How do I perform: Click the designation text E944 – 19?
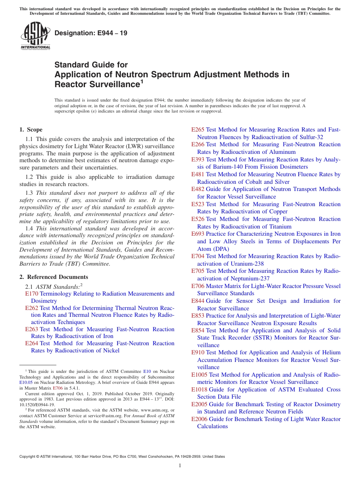pyautogui.click(x=91, y=33)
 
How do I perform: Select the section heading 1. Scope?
pyautogui.click(x=31, y=130)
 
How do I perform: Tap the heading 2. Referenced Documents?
pyautogui.click(x=54, y=277)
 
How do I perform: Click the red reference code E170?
pyautogui.click(x=31, y=294)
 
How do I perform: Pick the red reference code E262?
pyautogui.click(x=31, y=308)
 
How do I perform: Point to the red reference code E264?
pyautogui.click(x=31, y=343)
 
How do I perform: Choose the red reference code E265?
pyautogui.click(x=198, y=130)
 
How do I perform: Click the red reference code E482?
pyautogui.click(x=198, y=189)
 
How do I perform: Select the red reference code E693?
pyautogui.click(x=198, y=234)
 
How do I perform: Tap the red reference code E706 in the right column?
pyautogui.click(x=198, y=286)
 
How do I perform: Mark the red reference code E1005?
pyautogui.click(x=199, y=375)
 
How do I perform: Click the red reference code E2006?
pyautogui.click(x=199, y=419)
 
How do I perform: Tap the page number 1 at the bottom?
pyautogui.click(x=180, y=465)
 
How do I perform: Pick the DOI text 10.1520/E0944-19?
pyautogui.click(x=37, y=404)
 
